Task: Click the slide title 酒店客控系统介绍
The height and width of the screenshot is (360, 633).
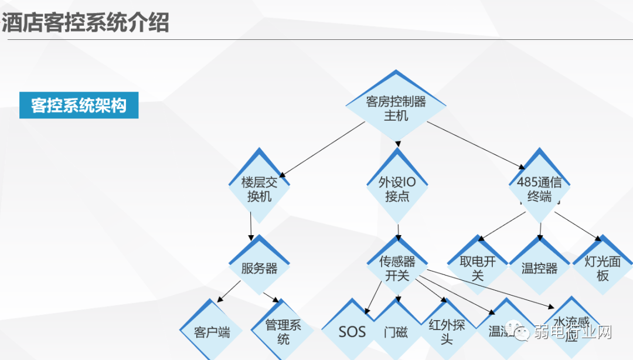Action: pos(86,23)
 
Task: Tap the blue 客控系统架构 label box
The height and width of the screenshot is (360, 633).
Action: pos(79,106)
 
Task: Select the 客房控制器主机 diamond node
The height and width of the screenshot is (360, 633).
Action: pos(396,108)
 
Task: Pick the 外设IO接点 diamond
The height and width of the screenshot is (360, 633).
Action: pos(397,189)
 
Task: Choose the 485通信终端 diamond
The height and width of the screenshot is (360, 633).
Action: pos(539,189)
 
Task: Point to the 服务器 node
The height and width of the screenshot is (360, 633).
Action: pos(259,269)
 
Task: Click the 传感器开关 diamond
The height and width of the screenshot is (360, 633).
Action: pos(397,268)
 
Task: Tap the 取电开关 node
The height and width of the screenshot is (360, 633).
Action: pos(477,268)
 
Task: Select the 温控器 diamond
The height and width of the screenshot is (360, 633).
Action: pos(539,269)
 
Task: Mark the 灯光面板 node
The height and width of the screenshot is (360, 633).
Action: pos(603,268)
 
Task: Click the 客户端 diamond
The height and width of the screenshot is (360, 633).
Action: pos(212,332)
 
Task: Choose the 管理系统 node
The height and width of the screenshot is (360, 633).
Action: pos(283,332)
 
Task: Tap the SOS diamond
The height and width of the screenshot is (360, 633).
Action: pos(352,332)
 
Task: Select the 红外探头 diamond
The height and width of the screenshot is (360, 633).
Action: pos(447,332)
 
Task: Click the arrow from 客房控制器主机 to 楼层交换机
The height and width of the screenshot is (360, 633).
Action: pos(316,149)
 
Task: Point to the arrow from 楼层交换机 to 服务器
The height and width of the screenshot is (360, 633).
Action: pos(251,226)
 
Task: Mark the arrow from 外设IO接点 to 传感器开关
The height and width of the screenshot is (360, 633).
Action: pos(398,230)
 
